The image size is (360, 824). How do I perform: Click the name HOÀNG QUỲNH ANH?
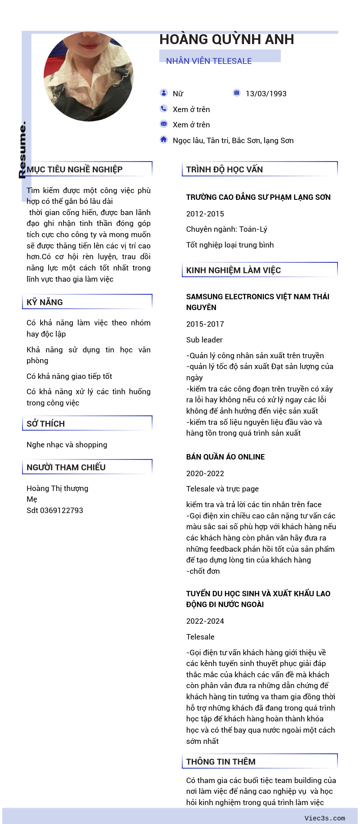[x=226, y=40]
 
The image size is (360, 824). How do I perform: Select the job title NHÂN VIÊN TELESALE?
[x=209, y=61]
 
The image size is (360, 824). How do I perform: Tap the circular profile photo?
[x=89, y=77]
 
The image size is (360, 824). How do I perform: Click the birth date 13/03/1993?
[x=266, y=94]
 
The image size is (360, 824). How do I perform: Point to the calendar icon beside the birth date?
[x=237, y=93]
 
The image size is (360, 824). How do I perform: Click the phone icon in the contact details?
[x=164, y=108]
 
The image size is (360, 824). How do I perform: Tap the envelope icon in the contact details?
[x=164, y=124]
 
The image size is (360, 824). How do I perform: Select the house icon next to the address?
[x=164, y=140]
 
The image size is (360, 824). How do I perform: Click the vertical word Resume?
[x=22, y=150]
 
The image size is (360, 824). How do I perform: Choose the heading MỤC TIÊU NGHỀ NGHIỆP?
[x=75, y=170]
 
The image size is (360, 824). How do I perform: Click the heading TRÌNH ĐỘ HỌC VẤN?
[x=225, y=170]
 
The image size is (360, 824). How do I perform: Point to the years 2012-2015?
[x=205, y=214]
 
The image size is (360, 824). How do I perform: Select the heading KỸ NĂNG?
[x=45, y=302]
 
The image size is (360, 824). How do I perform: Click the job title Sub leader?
[x=204, y=340]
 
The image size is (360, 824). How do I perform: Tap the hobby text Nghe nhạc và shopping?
[x=67, y=445]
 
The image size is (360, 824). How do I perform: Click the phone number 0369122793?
[x=62, y=510]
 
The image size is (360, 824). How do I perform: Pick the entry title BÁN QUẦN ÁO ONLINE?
[x=225, y=457]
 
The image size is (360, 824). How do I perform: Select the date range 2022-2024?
[x=205, y=621]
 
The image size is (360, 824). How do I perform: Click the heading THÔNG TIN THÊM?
[x=221, y=761]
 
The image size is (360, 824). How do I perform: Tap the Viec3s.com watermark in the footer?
[x=324, y=818]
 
